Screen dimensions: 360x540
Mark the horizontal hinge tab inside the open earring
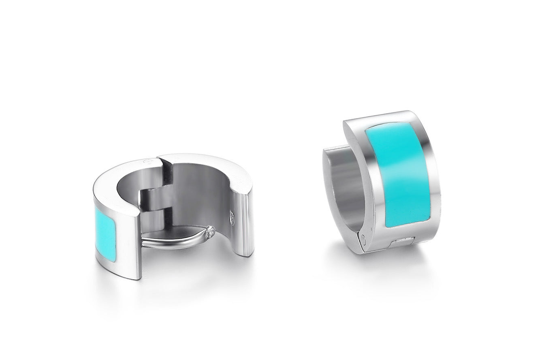156,199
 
